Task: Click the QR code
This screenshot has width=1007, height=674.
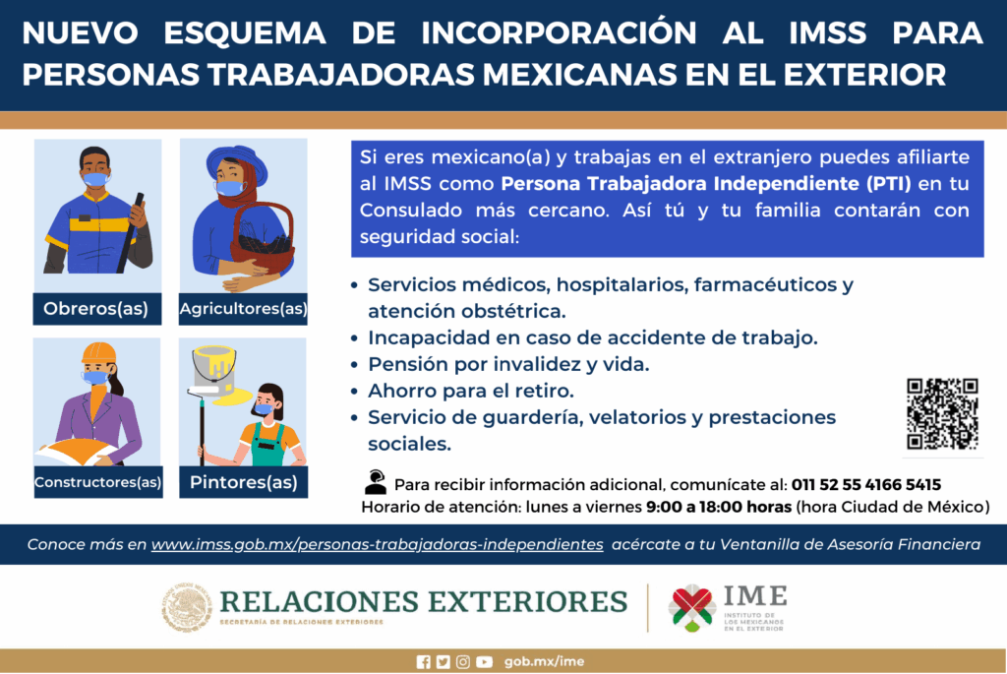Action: pyautogui.click(x=941, y=414)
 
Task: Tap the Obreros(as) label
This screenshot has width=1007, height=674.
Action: pyautogui.click(x=95, y=309)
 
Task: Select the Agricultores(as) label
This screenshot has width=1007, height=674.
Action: pyautogui.click(x=243, y=309)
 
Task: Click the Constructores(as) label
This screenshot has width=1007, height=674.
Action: pyautogui.click(x=96, y=482)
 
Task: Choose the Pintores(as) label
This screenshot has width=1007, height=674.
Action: pyautogui.click(x=243, y=482)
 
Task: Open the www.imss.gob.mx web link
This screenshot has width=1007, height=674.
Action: pyautogui.click(x=377, y=543)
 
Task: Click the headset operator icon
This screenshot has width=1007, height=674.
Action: pyautogui.click(x=375, y=482)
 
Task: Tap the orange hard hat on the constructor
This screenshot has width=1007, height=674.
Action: pyautogui.click(x=98, y=353)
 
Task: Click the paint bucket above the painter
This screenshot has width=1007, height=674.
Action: pyautogui.click(x=213, y=368)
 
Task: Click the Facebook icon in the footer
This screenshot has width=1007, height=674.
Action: pyautogui.click(x=423, y=662)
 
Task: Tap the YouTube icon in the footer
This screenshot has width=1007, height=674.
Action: pyautogui.click(x=484, y=662)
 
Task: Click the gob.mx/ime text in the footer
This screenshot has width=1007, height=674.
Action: pyautogui.click(x=544, y=662)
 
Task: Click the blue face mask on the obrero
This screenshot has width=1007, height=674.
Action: pyautogui.click(x=95, y=179)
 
